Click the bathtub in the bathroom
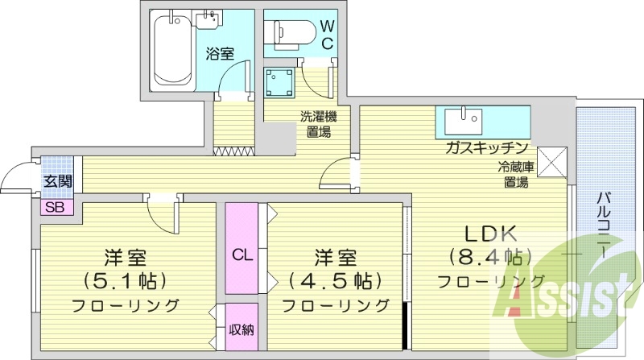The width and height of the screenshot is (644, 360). tap(169, 49)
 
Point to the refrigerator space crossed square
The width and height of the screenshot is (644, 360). tap(553, 160)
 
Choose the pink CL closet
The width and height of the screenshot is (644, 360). tap(242, 248)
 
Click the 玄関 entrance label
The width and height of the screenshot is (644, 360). tap(56, 180)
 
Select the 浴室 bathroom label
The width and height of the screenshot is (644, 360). tap(219, 54)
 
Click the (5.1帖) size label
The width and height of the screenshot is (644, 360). tap(124, 281)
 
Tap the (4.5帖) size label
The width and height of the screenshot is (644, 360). tap(334, 281)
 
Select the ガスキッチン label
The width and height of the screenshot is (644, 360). tap(486, 147)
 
